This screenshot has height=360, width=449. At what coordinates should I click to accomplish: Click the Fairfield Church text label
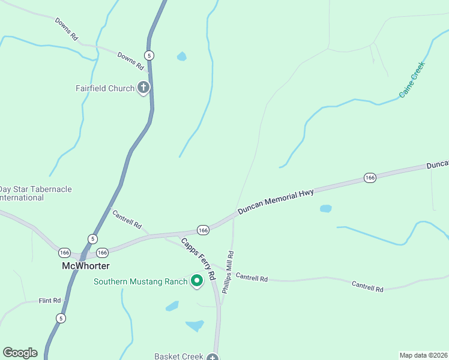pyautogui.click(x=105, y=89)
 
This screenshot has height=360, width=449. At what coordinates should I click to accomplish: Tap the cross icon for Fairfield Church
pyautogui.click(x=143, y=88)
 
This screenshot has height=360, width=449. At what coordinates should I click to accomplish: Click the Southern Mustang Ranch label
pyautogui.click(x=140, y=281)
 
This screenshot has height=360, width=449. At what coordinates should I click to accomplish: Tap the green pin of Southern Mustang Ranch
pyautogui.click(x=196, y=280)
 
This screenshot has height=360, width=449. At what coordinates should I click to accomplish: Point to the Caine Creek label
pyautogui.click(x=412, y=79)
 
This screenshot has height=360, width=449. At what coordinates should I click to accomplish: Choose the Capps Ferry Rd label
pyautogui.click(x=198, y=259)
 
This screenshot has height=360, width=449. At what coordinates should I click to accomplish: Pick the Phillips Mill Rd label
pyautogui.click(x=228, y=272)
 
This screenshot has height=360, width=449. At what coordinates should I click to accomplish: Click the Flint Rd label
pyautogui.click(x=50, y=301)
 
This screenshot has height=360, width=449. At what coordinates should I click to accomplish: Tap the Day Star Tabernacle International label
pyautogui.click(x=36, y=193)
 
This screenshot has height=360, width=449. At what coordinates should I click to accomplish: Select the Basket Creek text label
pyautogui.click(x=179, y=356)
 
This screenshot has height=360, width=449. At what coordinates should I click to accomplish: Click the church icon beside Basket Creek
pyautogui.click(x=212, y=358)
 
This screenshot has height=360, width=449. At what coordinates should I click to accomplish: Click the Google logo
pyautogui.click(x=20, y=353)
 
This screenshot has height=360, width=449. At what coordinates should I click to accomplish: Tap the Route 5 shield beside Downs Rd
pyautogui.click(x=149, y=55)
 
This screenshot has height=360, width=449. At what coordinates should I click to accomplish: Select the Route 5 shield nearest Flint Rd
pyautogui.click(x=61, y=317)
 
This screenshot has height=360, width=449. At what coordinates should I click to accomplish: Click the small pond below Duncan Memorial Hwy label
pyautogui.click(x=325, y=209)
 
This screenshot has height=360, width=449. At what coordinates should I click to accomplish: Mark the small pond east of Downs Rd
pyautogui.click(x=181, y=57)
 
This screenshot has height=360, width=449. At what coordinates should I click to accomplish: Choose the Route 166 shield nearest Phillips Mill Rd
pyautogui.click(x=203, y=230)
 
